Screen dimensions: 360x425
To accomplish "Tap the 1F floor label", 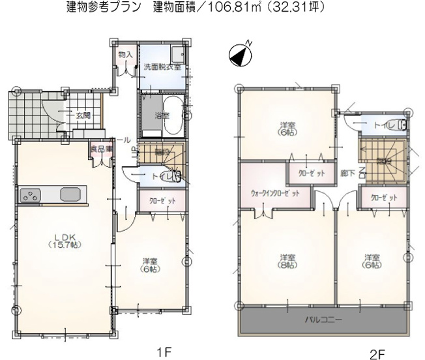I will pos(163,352).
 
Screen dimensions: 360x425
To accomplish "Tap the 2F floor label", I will pos(377,353).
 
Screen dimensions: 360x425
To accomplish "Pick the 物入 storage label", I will pos(125,55).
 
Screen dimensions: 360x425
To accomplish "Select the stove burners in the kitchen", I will pos(31,194).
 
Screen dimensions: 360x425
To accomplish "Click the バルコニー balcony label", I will pos(325,320).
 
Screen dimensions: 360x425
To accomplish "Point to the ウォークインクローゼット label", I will pos(275,194).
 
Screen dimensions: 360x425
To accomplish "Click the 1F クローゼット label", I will pos(162,201).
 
